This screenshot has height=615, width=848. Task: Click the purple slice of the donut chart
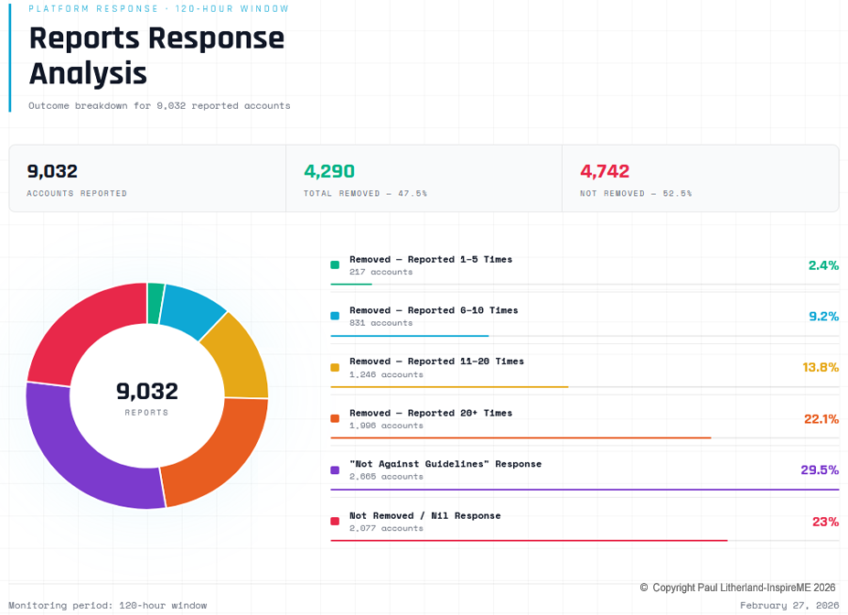pos(82,458)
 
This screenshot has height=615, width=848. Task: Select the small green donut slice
pos(156,303)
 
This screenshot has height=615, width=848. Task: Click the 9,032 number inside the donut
pos(146,392)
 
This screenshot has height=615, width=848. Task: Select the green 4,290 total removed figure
pos(329,171)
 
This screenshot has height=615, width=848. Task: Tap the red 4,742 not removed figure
pos(605,171)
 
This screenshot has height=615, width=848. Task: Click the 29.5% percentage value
pos(820,469)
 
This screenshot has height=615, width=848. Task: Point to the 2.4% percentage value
pos(823,265)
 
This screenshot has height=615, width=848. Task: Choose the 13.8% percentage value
pos(821,367)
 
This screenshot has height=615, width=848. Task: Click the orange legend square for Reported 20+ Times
pos(335,418)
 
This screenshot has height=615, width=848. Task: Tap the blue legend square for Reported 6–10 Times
pos(335,316)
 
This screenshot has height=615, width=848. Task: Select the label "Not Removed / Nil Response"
pos(424,515)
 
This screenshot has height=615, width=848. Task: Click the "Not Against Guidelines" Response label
pos(445,464)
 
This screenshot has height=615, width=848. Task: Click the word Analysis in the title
pos(88,73)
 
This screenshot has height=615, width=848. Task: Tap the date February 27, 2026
pos(789,605)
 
